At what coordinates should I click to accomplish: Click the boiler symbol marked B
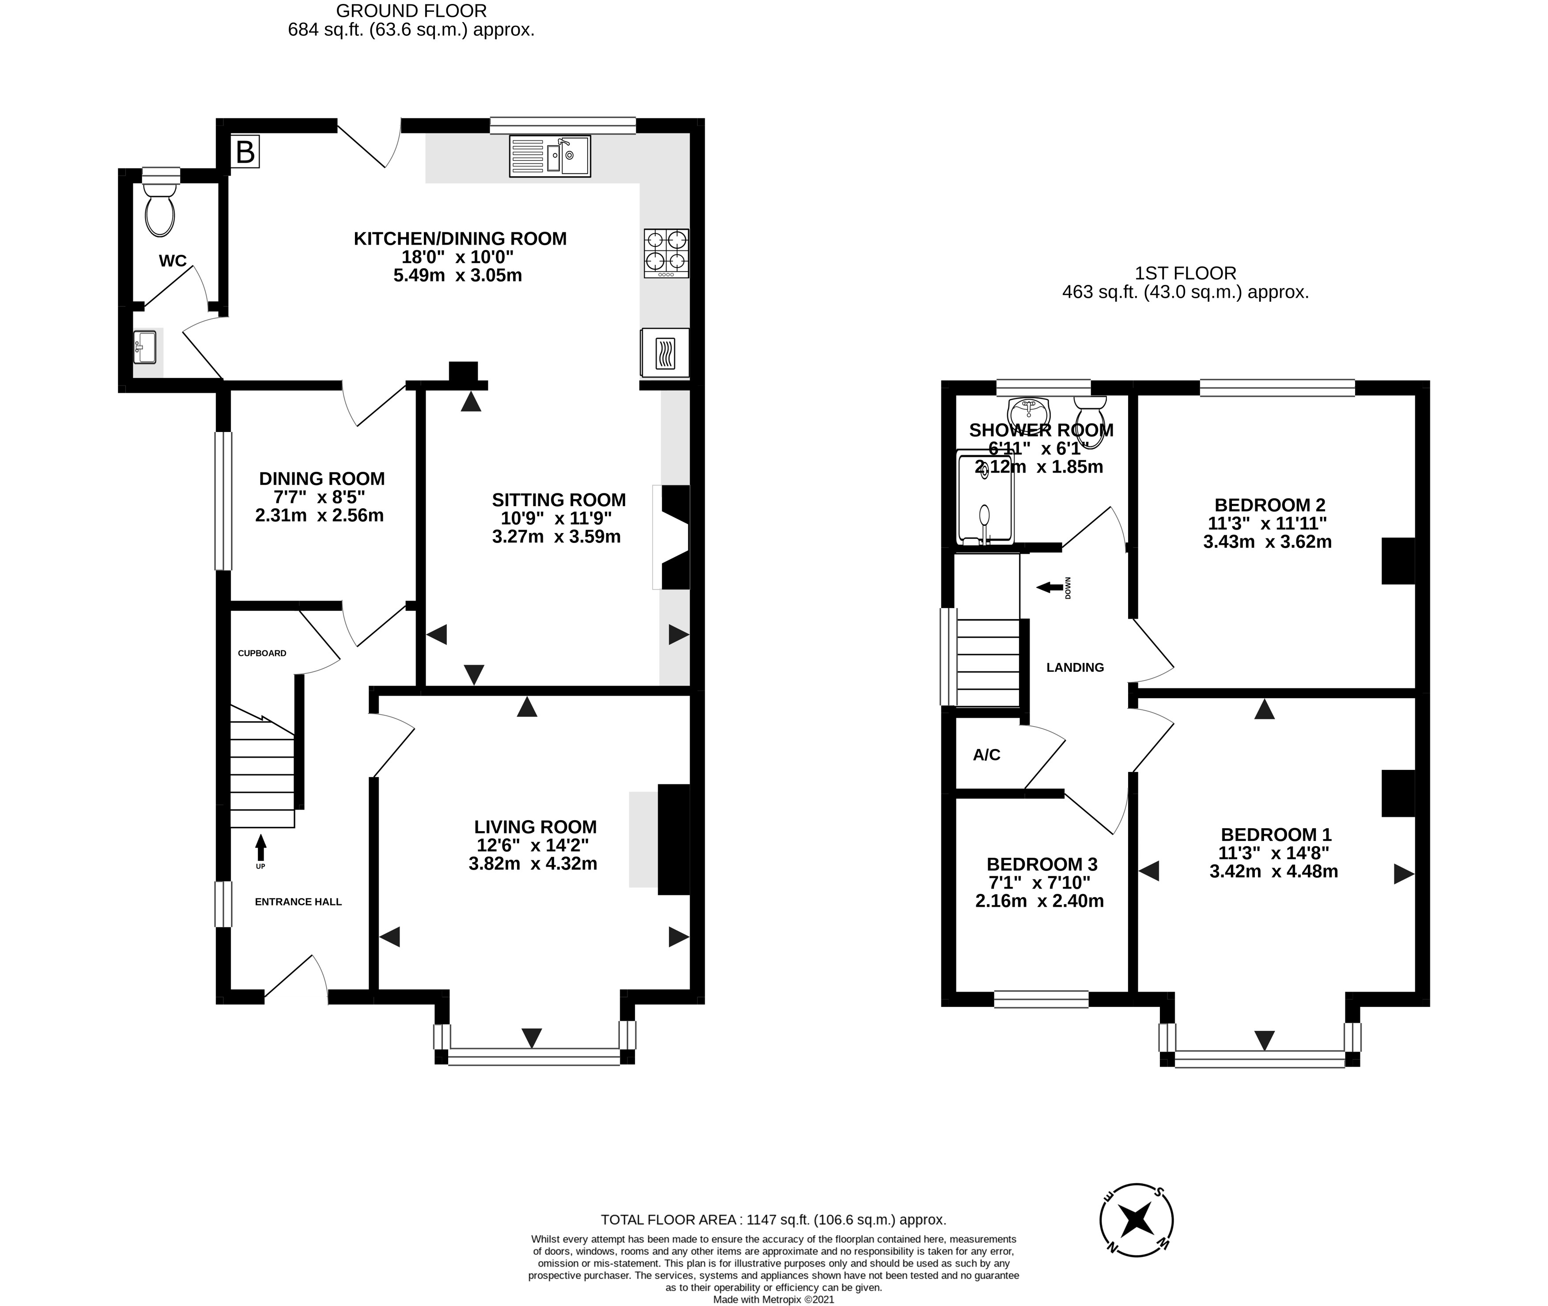click(x=245, y=152)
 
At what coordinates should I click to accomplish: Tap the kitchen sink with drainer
click(x=550, y=156)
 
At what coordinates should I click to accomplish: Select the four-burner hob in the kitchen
click(x=666, y=253)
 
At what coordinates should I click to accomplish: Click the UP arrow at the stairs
click(x=261, y=848)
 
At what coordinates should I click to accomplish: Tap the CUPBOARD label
click(x=262, y=653)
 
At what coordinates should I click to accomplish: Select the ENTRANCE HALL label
click(x=298, y=902)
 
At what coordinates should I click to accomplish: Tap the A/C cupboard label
click(x=986, y=754)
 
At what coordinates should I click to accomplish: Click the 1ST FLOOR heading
click(x=1186, y=273)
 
